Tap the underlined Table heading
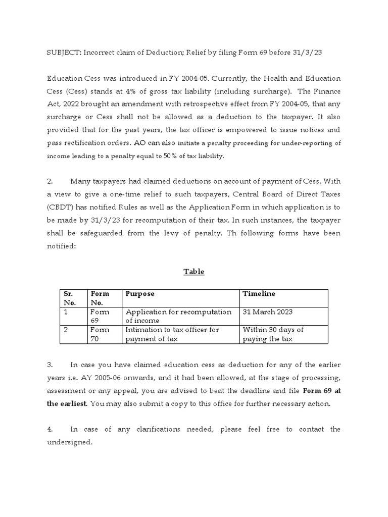[x=193, y=272]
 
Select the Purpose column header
[x=140, y=294]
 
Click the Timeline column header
[x=259, y=294]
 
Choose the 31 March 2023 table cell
[x=268, y=312]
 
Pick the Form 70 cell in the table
[x=100, y=334]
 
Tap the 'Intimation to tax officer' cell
[x=172, y=334]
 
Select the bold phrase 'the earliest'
[x=67, y=403]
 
